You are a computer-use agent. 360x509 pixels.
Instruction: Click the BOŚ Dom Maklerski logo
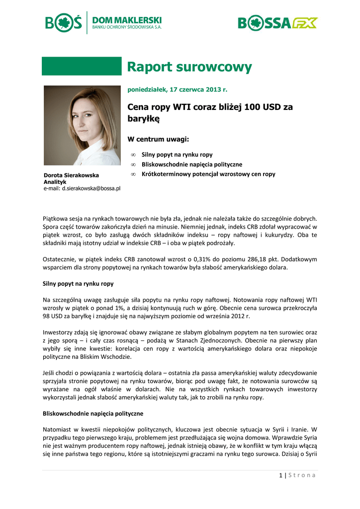103,22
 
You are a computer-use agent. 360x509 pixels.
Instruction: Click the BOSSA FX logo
277,23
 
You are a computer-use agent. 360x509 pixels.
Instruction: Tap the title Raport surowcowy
189,67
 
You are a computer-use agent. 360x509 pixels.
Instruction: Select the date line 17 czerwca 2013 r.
177,90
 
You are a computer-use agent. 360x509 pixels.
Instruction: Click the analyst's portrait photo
82,125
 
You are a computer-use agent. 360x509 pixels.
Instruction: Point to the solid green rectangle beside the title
82,66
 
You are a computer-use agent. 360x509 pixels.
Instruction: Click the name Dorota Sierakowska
71,175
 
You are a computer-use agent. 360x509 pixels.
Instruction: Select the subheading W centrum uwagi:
159,139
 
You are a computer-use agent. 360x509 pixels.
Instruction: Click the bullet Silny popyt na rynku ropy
177,155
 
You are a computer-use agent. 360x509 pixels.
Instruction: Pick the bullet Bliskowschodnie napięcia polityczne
192,164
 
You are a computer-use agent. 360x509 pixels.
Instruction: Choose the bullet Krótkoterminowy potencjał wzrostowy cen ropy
208,174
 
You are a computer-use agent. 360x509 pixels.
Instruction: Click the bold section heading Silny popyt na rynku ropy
79,284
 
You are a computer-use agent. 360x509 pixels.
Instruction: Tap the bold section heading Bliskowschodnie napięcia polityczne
93,413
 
